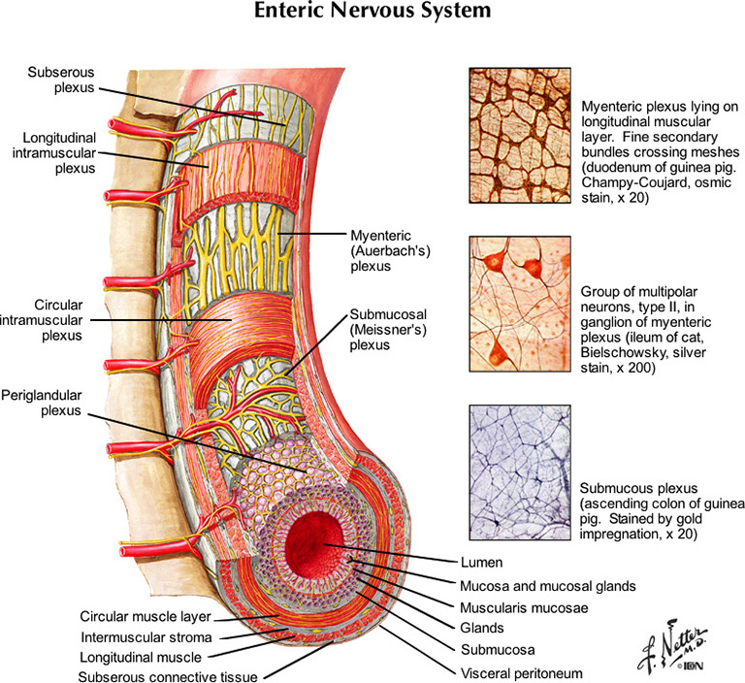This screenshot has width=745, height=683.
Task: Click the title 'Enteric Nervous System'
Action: click(372, 14)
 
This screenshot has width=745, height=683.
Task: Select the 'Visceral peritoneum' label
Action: click(522, 670)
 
